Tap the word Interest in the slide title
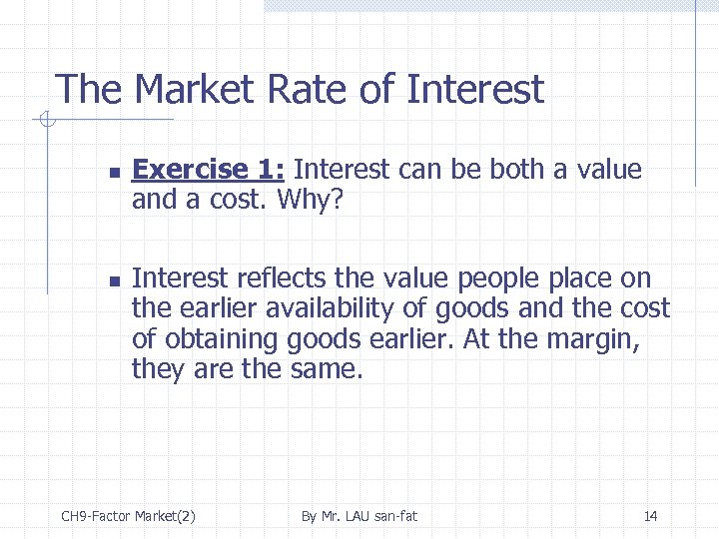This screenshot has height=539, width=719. [x=475, y=90]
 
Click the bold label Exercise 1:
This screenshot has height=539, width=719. [x=210, y=170]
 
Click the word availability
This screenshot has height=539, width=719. [x=322, y=308]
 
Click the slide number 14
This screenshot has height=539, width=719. [x=650, y=516]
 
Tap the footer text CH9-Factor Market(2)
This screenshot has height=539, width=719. [x=128, y=516]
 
